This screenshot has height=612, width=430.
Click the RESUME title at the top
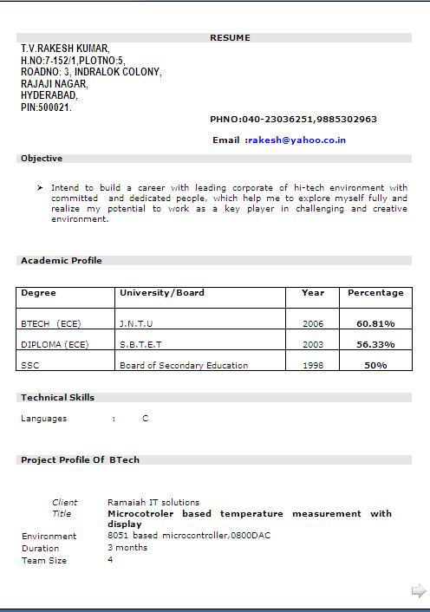pyautogui.click(x=230, y=38)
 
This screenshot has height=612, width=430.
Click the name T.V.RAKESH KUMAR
pyautogui.click(x=65, y=49)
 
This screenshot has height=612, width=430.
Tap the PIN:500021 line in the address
pyautogui.click(x=46, y=107)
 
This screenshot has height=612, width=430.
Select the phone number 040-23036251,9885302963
pyautogui.click(x=306, y=120)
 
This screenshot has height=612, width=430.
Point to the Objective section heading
pyautogui.click(x=42, y=159)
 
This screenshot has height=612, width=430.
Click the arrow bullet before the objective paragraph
pyautogui.click(x=40, y=187)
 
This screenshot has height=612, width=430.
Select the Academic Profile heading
pyautogui.click(x=61, y=261)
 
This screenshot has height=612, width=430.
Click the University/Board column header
pyautogui.click(x=161, y=293)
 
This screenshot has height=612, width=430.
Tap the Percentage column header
pyautogui.click(x=375, y=293)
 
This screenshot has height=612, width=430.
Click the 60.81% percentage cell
pyautogui.click(x=375, y=323)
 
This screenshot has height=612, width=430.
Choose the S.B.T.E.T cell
pyautogui.click(x=140, y=344)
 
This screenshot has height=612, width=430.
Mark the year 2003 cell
pyautogui.click(x=313, y=344)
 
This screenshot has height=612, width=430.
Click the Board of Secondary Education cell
pyautogui.click(x=184, y=365)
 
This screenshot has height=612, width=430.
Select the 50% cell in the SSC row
pyautogui.click(x=375, y=365)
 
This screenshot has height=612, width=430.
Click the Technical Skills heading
pyautogui.click(x=57, y=398)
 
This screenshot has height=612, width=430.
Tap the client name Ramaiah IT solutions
pyautogui.click(x=153, y=502)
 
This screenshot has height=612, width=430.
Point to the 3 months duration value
pyautogui.click(x=127, y=548)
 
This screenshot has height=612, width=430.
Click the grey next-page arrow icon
pyautogui.click(x=419, y=591)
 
